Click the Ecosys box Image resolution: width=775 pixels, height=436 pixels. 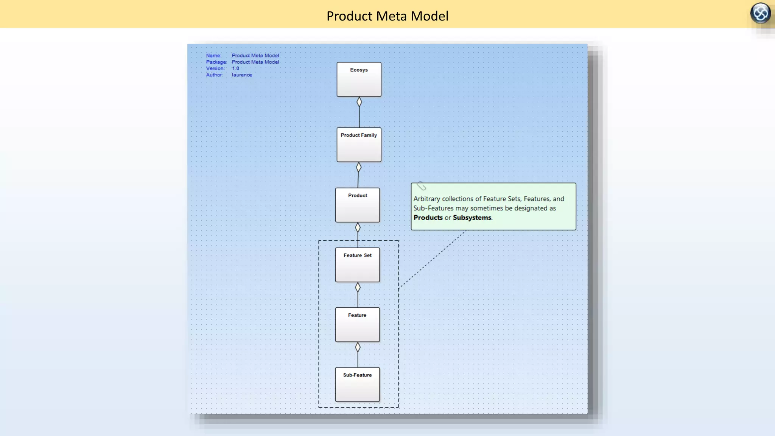pos(359,79)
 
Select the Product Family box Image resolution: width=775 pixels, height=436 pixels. pos(359,145)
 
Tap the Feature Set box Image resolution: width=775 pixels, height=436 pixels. pos(357,265)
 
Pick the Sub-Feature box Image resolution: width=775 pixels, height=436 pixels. pos(357,385)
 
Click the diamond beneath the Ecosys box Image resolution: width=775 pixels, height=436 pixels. pos(359,102)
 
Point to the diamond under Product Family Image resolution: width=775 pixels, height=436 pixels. pos(359,167)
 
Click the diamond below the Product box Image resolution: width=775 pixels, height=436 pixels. pos(358,227)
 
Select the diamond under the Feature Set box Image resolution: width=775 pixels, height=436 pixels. pos(358,287)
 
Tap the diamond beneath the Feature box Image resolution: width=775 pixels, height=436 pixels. pos(358,347)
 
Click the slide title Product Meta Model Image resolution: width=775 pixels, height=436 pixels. pos(387,16)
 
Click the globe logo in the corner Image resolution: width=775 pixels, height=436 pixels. pos(760,13)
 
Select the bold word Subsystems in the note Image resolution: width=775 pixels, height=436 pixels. pos(472,218)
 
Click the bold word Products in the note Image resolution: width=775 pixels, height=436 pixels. pos(428,218)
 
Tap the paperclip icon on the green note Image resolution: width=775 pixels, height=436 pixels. pos(421,186)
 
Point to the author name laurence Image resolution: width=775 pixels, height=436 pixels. pos(242,75)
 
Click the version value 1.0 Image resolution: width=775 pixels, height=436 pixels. pos(235,69)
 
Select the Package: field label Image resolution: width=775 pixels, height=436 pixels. pos(216,62)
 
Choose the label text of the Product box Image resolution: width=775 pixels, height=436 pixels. pos(357,196)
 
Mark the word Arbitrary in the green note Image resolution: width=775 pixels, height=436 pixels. pos(426,199)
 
